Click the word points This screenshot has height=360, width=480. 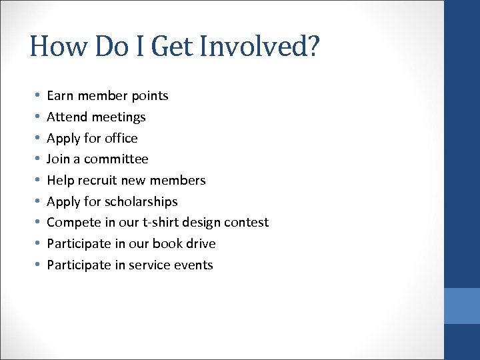tap(150, 96)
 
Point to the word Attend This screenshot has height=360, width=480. tap(67, 117)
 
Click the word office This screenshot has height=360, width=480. tap(121, 138)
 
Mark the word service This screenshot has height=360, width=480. tap(151, 265)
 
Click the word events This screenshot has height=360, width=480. tap(194, 265)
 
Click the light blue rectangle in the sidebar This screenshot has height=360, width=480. tap(462, 306)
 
